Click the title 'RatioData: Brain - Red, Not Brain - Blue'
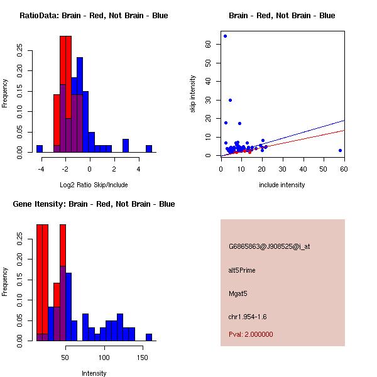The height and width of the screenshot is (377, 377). coord(94,16)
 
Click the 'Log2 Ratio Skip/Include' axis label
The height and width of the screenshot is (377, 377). coord(94,185)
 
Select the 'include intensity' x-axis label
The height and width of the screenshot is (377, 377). coord(282,185)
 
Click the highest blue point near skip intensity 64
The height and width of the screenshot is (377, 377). coord(225,36)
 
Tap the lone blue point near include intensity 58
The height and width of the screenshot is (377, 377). coord(340,150)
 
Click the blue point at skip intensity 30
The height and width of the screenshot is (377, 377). coord(230,100)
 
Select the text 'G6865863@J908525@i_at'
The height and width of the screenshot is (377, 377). coord(269,246)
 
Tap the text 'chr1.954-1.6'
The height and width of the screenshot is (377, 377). coord(247,315)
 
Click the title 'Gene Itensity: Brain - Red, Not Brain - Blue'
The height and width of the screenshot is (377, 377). coord(94,204)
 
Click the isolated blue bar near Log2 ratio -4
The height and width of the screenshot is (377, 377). coord(40,149)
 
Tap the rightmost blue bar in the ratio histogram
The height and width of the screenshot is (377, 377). coord(149,149)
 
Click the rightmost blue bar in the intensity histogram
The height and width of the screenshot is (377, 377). coord(149,337)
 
